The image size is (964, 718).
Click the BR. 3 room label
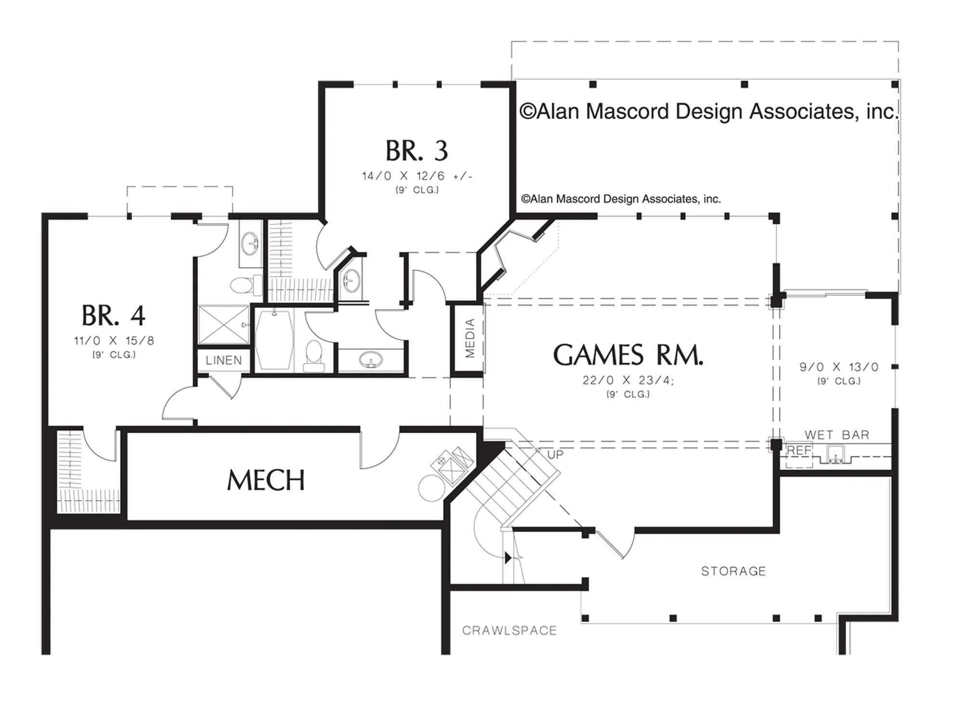416,151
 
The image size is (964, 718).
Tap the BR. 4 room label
113,316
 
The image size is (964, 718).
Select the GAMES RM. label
628,355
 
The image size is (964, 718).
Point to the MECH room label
266,480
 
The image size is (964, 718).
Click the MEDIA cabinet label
470,338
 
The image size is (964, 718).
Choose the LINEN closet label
224,360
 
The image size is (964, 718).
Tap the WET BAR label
837,435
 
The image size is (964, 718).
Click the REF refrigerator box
799,455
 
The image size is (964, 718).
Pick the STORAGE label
733,571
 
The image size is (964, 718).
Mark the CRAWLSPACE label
509,630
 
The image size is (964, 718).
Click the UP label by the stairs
555,455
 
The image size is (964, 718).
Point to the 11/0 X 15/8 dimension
114,341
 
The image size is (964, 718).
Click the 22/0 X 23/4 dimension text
628,380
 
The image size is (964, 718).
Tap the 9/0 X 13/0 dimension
839,367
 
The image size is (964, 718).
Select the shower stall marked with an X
224,324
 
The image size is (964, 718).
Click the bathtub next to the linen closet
274,340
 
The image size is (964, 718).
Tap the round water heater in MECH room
432,488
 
